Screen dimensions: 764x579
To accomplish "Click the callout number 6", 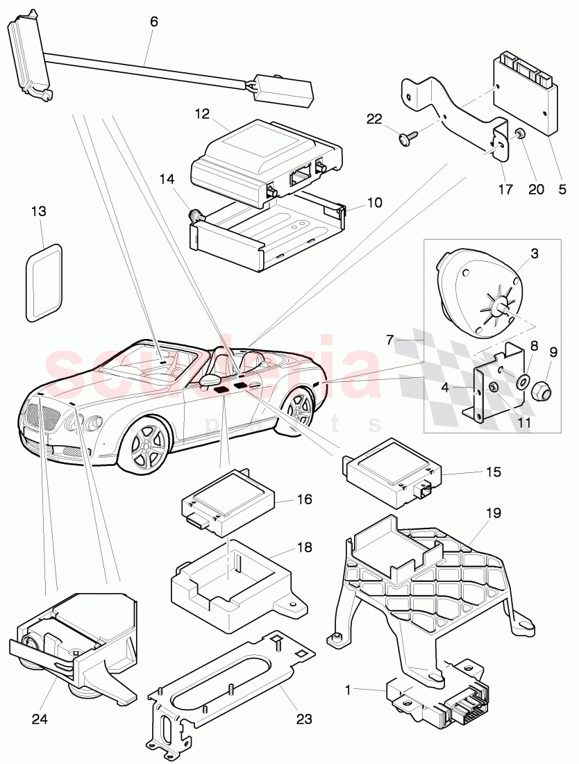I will pyautogui.click(x=153, y=22).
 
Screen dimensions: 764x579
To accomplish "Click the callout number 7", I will pyautogui.click(x=390, y=340).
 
